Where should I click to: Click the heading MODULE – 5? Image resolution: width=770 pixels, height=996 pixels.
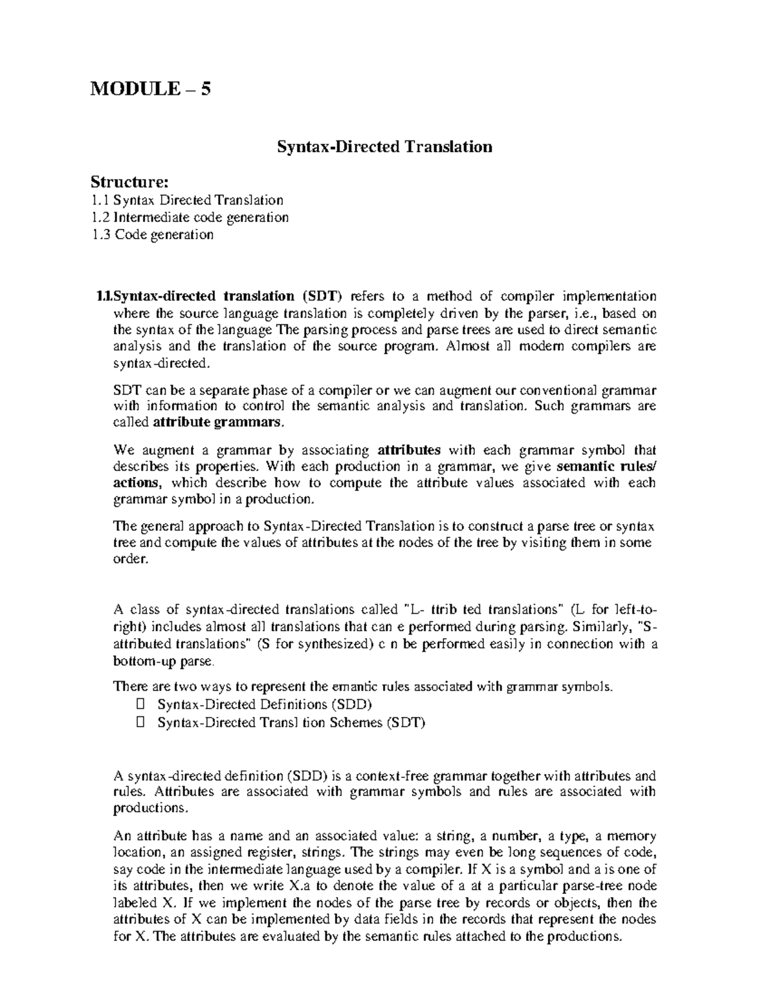coord(150,89)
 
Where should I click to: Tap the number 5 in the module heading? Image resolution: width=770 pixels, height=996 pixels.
coord(205,89)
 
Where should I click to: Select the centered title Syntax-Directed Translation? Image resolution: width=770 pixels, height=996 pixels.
coord(384,147)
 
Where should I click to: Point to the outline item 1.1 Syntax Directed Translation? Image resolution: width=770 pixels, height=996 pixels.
coord(187,200)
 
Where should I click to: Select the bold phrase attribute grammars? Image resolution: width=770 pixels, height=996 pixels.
coord(217,423)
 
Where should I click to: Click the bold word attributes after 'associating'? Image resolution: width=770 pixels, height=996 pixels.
coord(409,450)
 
